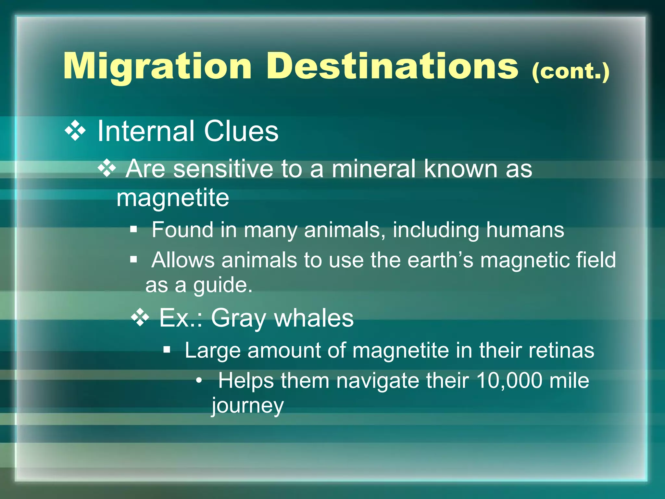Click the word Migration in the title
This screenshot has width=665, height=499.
pos(157,67)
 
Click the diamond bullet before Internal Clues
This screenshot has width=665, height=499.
pos(75,131)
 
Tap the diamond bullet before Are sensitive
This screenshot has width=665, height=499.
pos(107,168)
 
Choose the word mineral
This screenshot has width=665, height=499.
pos(373,169)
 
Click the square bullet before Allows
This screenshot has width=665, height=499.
pos(133,260)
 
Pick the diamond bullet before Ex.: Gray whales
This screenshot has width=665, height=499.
pos(140,317)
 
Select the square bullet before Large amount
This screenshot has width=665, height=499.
pos(167,350)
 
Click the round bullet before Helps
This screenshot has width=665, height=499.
pos(199,380)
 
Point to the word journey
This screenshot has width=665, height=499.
pos(248,406)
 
